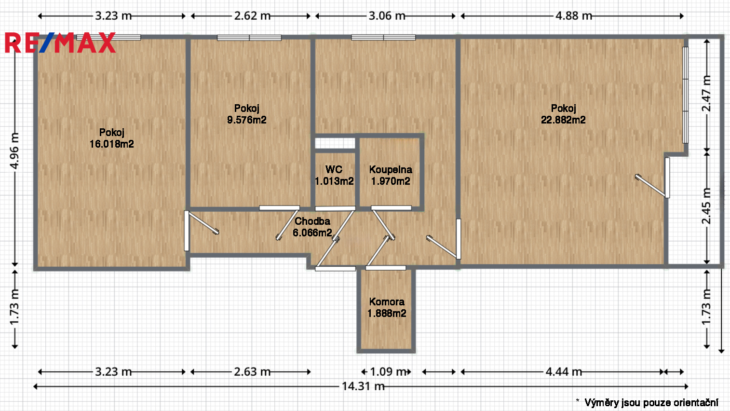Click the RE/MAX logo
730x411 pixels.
(x=60, y=42)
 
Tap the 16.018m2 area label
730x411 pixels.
(x=112, y=144)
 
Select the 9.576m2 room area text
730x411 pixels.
(x=247, y=120)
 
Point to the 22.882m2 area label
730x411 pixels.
(x=563, y=120)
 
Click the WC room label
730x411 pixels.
(x=334, y=169)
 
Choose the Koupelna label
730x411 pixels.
(x=391, y=169)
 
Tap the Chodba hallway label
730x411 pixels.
(x=312, y=221)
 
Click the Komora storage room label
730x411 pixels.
(x=387, y=302)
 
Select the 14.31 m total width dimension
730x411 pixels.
(x=363, y=386)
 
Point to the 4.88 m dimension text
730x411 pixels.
(x=574, y=15)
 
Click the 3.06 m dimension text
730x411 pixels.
(x=387, y=15)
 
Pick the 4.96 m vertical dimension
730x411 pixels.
(x=14, y=151)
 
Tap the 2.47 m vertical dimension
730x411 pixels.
(x=706, y=94)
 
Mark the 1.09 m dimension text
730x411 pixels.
(x=388, y=371)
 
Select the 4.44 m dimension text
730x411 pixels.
(x=564, y=371)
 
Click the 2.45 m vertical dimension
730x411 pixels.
(x=706, y=206)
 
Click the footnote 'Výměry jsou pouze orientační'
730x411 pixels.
(x=651, y=403)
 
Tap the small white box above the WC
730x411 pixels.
(x=335, y=143)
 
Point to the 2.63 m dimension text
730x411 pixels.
(x=252, y=371)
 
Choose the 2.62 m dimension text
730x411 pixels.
(x=252, y=15)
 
